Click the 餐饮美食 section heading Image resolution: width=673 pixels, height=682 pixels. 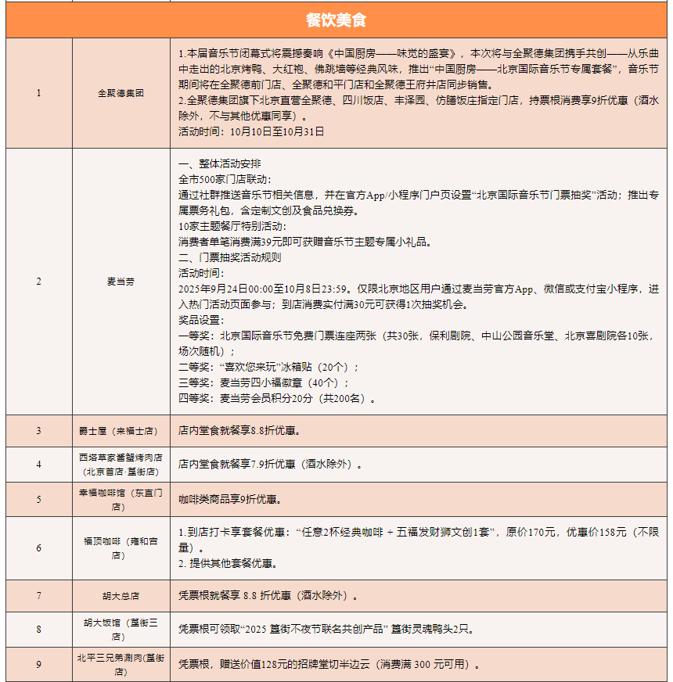336,20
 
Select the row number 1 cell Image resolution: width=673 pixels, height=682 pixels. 38,92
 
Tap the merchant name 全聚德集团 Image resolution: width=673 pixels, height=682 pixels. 121,92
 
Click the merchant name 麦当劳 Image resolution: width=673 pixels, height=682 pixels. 121,282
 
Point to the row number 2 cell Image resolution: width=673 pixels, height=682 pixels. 38,282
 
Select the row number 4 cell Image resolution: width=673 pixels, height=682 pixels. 38,464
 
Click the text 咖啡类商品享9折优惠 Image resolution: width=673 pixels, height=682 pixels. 229,499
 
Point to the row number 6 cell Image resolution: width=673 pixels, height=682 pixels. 38,547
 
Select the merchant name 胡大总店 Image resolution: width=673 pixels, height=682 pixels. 121,596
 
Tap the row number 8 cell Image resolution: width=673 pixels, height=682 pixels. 38,629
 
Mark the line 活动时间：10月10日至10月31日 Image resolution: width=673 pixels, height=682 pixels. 250,131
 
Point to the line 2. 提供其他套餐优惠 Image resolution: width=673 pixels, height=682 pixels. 227,563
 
